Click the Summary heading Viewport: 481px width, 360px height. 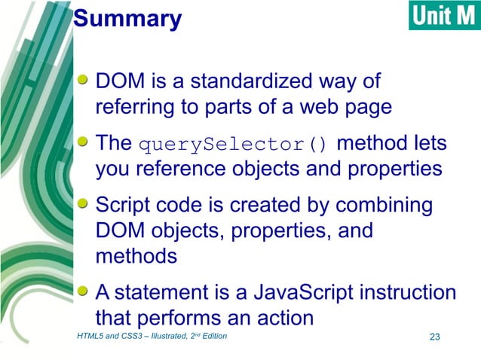click(x=128, y=19)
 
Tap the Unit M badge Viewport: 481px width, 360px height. click(x=444, y=15)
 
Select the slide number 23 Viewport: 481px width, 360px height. click(x=434, y=336)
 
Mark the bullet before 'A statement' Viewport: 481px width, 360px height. click(x=87, y=290)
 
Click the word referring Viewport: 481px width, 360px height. click(x=134, y=106)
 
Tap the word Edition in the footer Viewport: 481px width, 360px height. click(x=212, y=336)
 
